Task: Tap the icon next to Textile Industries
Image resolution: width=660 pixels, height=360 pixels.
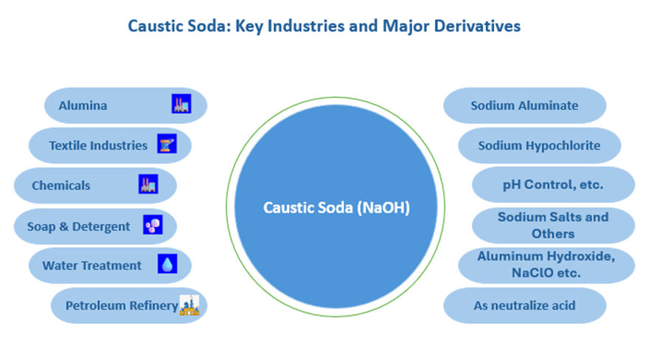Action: (167, 145)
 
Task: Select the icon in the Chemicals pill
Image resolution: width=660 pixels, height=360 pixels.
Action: (148, 184)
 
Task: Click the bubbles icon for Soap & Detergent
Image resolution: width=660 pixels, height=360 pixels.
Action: (153, 225)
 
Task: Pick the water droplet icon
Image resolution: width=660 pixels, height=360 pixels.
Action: (167, 264)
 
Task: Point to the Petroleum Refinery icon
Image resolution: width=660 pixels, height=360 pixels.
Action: (190, 304)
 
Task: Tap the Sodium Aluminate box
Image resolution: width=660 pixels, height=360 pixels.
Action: (524, 105)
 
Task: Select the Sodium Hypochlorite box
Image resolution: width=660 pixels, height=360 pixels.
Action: (539, 145)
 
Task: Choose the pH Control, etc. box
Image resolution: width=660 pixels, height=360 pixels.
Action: (553, 184)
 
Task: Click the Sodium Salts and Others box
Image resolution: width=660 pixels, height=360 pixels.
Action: (553, 225)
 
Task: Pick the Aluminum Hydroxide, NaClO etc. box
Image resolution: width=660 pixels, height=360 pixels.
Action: (546, 264)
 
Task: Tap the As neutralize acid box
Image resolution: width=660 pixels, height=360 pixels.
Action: (524, 305)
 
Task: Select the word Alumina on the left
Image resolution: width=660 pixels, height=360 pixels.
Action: (83, 105)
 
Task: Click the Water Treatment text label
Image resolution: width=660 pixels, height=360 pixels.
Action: (91, 265)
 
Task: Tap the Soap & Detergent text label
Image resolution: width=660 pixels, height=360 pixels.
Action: (78, 226)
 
